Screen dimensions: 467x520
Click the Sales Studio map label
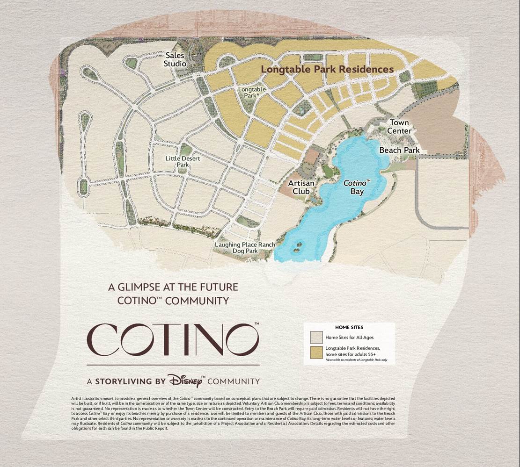tap(176, 60)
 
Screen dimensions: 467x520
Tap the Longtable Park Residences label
tap(327, 69)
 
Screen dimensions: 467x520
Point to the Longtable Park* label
tap(252, 92)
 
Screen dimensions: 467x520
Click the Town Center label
tap(400, 127)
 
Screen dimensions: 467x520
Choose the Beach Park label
tap(399, 150)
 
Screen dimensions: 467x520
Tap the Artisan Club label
tap(301, 187)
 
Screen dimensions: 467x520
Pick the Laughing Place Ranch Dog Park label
tap(245, 248)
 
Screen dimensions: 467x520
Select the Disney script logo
tap(186, 381)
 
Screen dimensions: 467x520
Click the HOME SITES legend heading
tap(349, 327)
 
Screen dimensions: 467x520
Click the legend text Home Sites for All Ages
tap(350, 338)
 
